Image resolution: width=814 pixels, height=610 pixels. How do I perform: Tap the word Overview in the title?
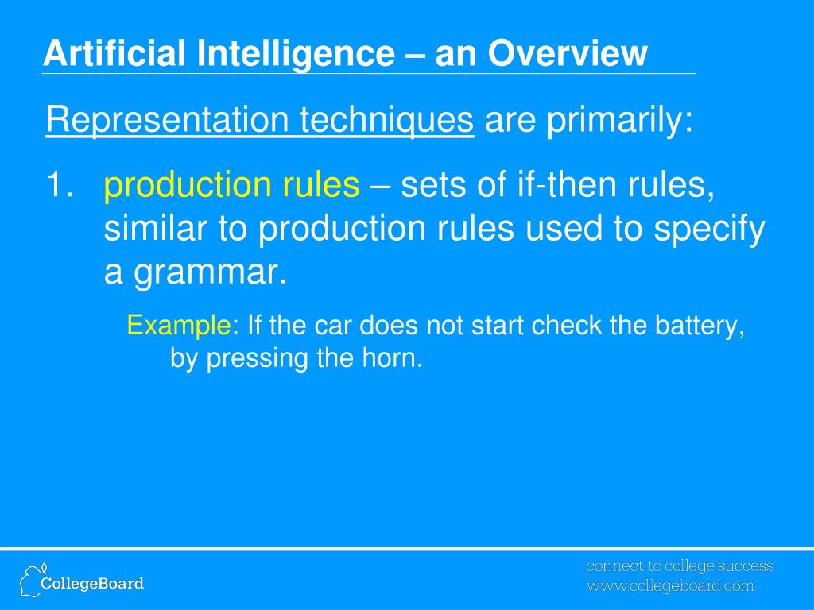point(568,54)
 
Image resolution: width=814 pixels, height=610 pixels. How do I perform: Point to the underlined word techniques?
point(386,122)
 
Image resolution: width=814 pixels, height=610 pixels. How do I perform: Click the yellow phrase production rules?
point(231,186)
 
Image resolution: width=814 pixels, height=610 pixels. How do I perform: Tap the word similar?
point(153,230)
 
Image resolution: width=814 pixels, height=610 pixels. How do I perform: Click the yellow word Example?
point(179,326)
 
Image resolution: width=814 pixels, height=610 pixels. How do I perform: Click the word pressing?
point(258,359)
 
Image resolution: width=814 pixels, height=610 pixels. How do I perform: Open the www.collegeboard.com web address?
point(670,587)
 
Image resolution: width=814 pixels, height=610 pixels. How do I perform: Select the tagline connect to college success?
point(680,566)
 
